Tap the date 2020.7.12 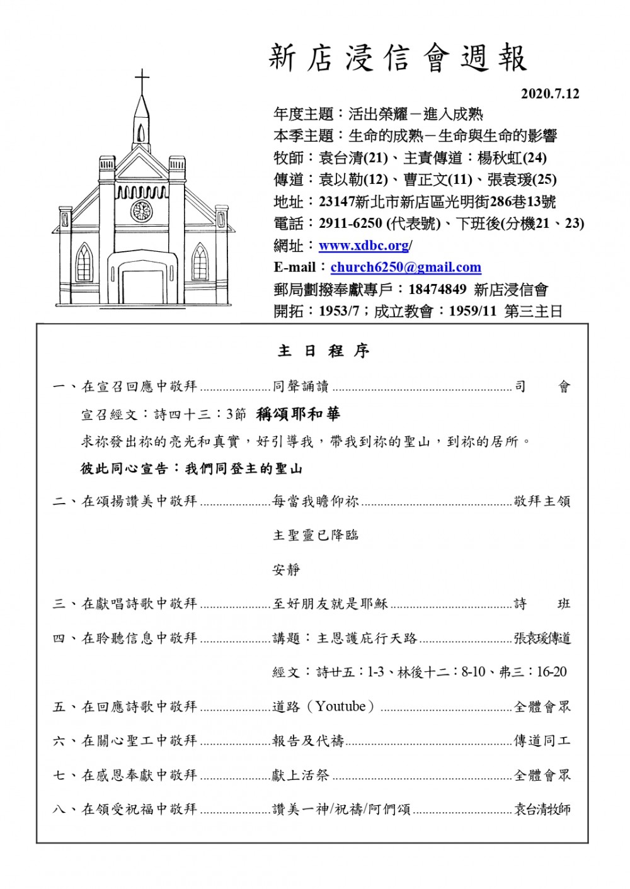(549, 94)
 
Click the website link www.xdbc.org (364, 246)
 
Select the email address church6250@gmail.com (406, 267)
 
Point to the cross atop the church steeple (142, 82)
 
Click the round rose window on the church (141, 210)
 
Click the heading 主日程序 (324, 351)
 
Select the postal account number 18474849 (437, 290)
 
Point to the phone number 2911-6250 (350, 224)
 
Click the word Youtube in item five (341, 706)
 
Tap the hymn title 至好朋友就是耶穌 (330, 604)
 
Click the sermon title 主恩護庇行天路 (367, 638)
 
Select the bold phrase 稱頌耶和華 (298, 414)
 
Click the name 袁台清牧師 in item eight (542, 809)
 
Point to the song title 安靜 (286, 570)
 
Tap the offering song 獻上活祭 (301, 775)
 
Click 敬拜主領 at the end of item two (542, 501)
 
